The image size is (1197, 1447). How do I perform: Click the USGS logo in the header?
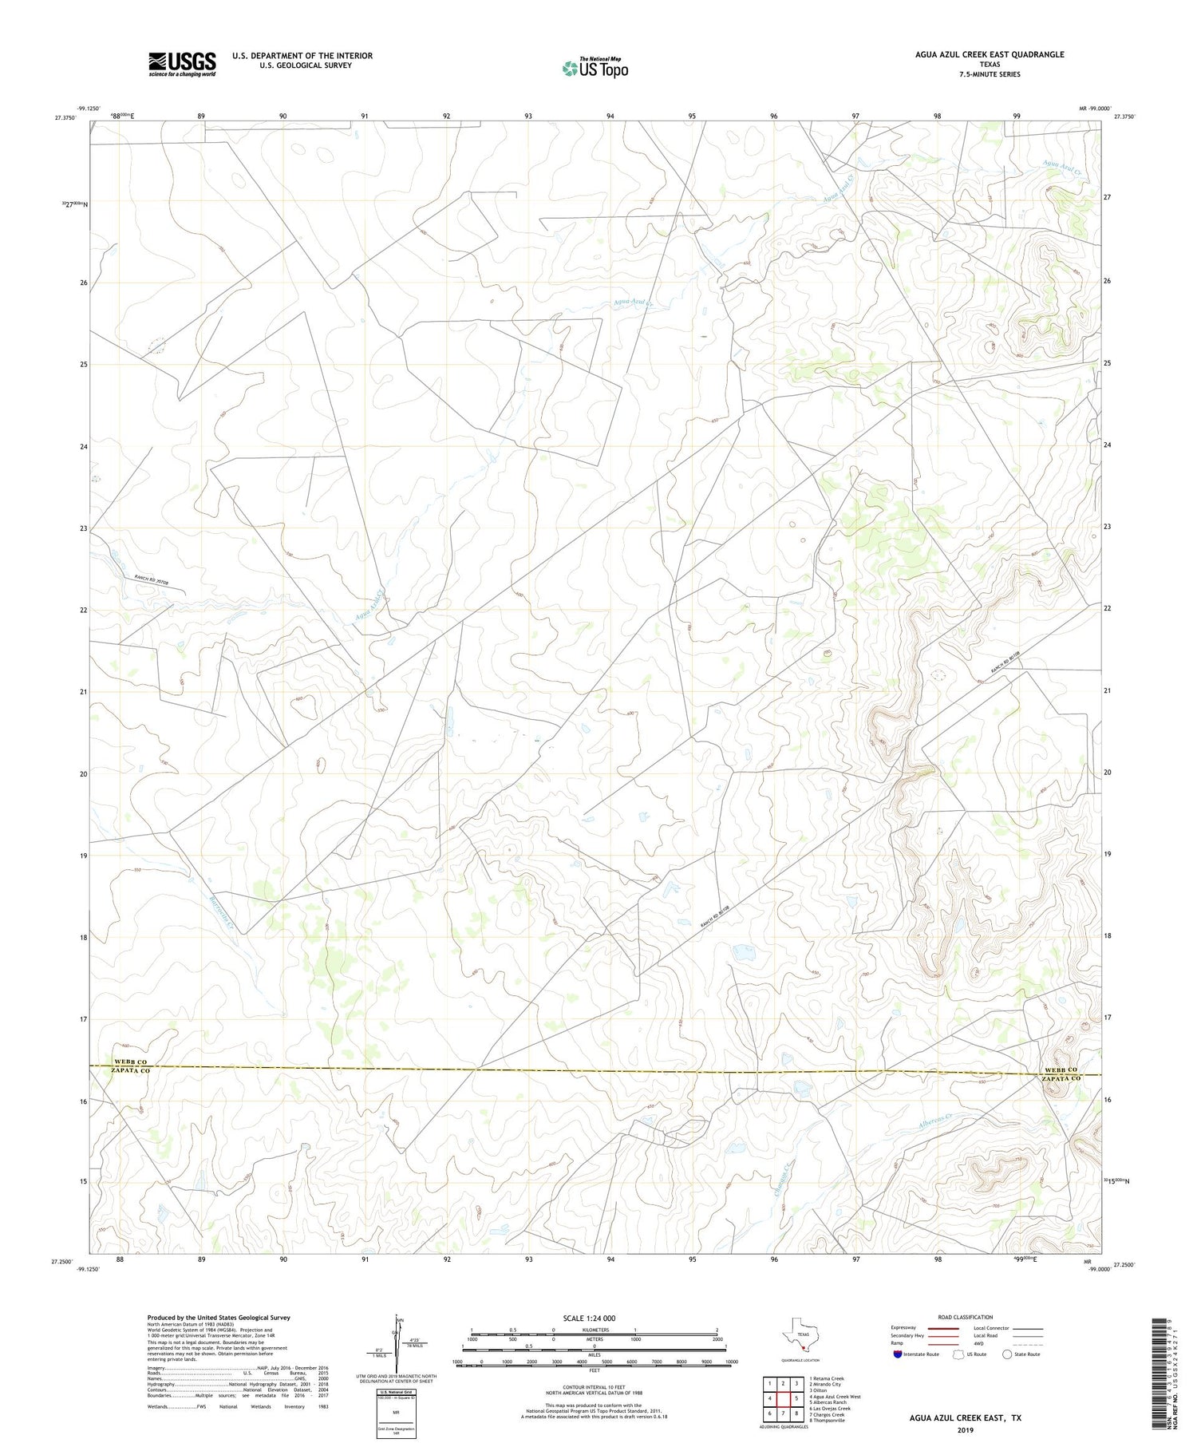pyautogui.click(x=182, y=64)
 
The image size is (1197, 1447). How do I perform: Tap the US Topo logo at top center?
pyautogui.click(x=595, y=68)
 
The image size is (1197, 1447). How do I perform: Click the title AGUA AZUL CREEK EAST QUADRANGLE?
pyautogui.click(x=990, y=54)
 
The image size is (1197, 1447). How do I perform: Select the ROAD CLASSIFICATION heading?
pyautogui.click(x=965, y=1317)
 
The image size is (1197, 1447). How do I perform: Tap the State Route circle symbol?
pyautogui.click(x=1007, y=1354)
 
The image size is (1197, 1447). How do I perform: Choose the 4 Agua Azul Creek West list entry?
pyautogui.click(x=834, y=1397)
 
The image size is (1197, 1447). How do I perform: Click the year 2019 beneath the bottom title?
pyautogui.click(x=965, y=1429)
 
